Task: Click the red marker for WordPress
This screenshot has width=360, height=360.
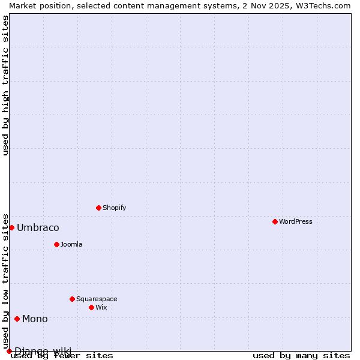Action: click(275, 221)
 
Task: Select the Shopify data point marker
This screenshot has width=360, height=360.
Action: click(98, 208)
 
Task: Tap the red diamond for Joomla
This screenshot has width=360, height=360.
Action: click(56, 244)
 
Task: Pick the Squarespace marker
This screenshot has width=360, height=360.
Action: click(72, 299)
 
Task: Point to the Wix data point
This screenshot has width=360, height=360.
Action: click(91, 307)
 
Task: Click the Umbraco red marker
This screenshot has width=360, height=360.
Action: click(11, 227)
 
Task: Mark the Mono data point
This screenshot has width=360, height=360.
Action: click(17, 319)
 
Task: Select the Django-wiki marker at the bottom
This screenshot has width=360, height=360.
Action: click(9, 351)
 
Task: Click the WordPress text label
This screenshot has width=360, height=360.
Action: click(296, 221)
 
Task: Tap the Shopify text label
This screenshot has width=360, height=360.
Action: click(114, 208)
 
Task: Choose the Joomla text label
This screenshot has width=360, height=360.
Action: click(71, 244)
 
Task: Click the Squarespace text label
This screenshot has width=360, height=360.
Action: click(97, 299)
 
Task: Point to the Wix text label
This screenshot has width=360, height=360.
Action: click(101, 307)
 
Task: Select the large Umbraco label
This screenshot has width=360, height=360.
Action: click(38, 227)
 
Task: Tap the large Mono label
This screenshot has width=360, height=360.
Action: click(35, 319)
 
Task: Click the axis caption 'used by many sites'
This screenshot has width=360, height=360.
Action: click(301, 356)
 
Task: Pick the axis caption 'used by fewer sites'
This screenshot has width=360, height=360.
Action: click(62, 356)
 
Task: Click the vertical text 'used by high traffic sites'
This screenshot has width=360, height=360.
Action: click(5, 85)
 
